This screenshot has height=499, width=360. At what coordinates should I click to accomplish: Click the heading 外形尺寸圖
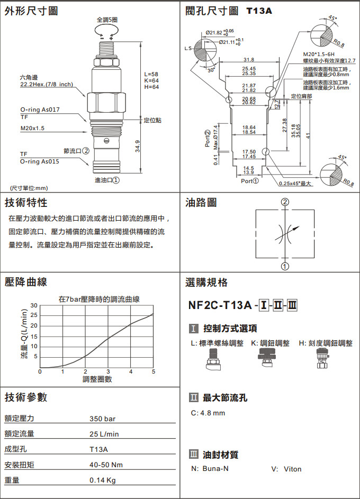(x=31, y=11)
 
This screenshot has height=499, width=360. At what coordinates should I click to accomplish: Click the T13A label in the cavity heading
(x=259, y=11)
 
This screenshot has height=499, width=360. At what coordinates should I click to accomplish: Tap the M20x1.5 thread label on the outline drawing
(x=33, y=128)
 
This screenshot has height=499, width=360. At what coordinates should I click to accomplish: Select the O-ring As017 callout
(x=40, y=110)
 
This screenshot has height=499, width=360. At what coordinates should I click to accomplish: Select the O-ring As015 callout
(x=40, y=161)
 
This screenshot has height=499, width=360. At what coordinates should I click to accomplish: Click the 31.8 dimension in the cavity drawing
(x=249, y=59)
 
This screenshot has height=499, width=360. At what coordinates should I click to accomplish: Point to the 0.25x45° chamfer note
(x=295, y=184)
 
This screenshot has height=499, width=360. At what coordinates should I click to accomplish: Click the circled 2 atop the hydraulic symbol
(x=285, y=202)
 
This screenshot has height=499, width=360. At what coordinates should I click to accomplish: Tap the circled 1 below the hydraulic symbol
(x=285, y=266)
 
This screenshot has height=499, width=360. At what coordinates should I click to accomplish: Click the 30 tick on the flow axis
(x=34, y=305)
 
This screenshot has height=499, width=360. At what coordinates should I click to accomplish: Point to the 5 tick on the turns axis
(x=154, y=371)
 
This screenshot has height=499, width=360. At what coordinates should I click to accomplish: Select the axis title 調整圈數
(x=97, y=378)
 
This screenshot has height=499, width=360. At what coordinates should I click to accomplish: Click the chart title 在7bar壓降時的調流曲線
(x=99, y=299)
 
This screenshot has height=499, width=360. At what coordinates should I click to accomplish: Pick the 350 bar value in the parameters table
(x=102, y=419)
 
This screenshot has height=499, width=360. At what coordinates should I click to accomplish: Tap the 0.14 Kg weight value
(x=103, y=480)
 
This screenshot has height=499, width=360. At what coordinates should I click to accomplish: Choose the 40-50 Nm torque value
(x=106, y=465)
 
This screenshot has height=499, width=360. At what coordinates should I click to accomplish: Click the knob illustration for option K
(x=269, y=359)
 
